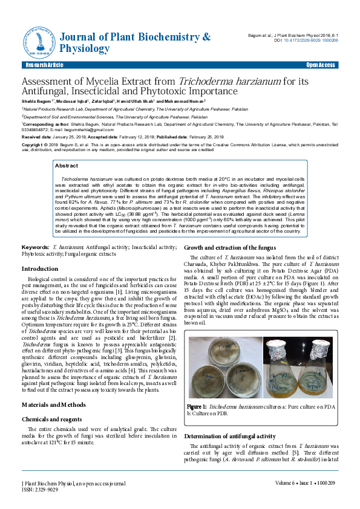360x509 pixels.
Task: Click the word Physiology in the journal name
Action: [85, 48]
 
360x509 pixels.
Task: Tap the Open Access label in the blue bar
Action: [321, 65]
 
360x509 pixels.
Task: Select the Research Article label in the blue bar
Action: [44, 65]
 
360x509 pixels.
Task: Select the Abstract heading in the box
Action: [66, 165]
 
